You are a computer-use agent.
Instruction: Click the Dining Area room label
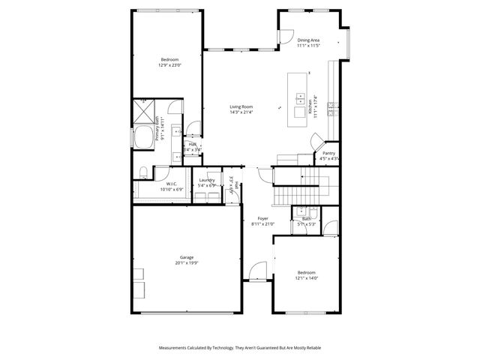tap(308, 40)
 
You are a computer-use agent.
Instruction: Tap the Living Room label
tap(241, 106)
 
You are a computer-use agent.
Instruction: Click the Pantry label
tap(329, 153)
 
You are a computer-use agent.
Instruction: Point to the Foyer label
tap(262, 218)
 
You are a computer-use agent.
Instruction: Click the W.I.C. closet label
tap(170, 184)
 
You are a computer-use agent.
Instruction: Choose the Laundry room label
tap(206, 180)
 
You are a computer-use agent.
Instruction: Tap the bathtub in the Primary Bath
tap(142, 138)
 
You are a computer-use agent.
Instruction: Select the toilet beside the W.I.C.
tap(142, 174)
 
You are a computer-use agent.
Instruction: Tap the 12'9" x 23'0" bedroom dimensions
tap(169, 65)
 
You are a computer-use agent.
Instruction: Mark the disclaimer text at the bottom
tap(240, 348)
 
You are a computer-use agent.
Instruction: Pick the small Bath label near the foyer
tap(306, 219)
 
